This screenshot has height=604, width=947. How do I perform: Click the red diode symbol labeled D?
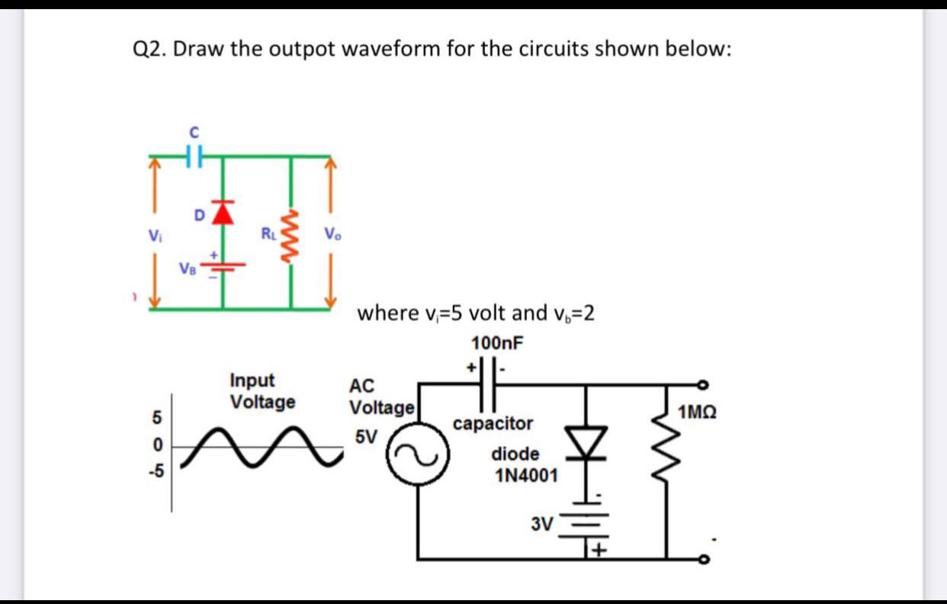[222, 213]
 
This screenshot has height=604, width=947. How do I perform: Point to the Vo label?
[333, 234]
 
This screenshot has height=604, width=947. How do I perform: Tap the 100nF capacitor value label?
[497, 342]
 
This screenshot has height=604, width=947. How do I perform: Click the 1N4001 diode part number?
[526, 477]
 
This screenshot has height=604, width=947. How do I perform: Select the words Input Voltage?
[262, 390]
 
